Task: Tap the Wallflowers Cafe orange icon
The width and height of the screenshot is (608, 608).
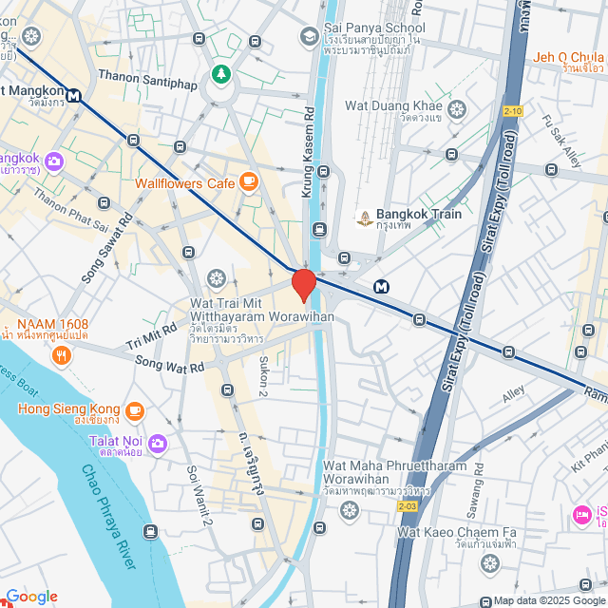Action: (249, 180)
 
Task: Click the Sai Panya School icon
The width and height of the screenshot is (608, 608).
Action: (309, 36)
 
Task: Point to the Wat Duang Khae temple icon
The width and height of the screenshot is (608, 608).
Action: (456, 110)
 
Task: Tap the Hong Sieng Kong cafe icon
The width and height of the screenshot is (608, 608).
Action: (135, 409)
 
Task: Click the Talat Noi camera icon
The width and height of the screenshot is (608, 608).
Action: (158, 442)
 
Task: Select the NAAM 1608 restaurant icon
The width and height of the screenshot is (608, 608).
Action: (62, 356)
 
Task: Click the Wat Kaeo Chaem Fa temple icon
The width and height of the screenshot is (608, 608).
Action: (489, 564)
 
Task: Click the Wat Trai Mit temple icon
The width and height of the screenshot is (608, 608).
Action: (217, 278)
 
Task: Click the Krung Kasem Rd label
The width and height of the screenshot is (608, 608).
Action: (309, 152)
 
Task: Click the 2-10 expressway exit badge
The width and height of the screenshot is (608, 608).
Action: (513, 111)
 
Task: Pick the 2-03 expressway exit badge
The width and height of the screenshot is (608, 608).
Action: (407, 506)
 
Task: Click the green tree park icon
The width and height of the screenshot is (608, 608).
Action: (221, 73)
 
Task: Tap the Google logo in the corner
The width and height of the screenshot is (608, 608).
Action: (31, 597)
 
